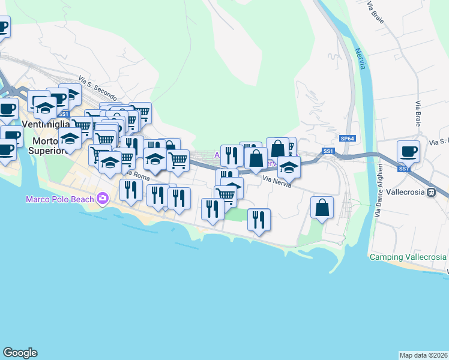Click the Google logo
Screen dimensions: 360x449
click(x=20, y=353)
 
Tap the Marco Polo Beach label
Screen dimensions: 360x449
click(x=59, y=199)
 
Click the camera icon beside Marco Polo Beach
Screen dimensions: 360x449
click(x=103, y=198)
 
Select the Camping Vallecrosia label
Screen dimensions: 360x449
click(x=408, y=257)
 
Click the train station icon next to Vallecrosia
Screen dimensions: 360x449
click(x=430, y=193)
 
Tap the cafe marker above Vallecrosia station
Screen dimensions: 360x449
click(x=408, y=151)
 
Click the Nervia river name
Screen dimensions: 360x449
click(x=360, y=59)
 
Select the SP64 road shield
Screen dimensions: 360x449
click(x=347, y=139)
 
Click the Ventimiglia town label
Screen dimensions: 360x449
click(x=46, y=125)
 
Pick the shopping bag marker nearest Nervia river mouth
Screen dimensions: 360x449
click(x=322, y=208)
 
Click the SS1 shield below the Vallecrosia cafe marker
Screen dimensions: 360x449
click(x=403, y=169)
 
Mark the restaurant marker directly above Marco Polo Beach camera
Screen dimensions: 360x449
click(x=131, y=190)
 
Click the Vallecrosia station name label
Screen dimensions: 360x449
click(x=403, y=193)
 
